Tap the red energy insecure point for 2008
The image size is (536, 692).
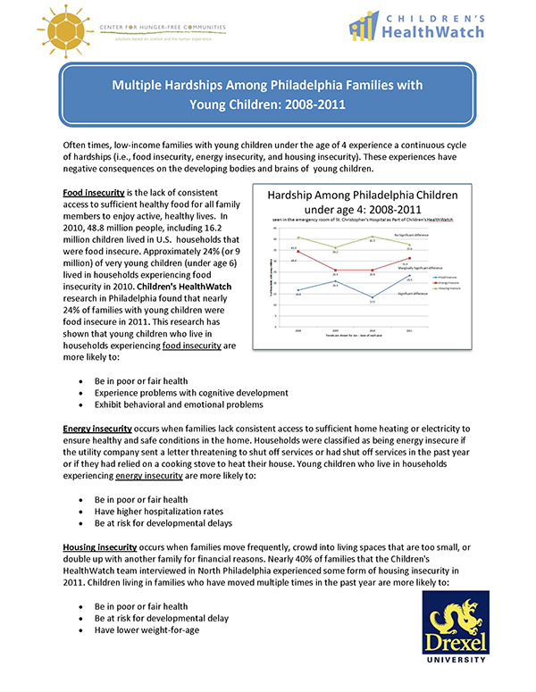(x=297, y=251)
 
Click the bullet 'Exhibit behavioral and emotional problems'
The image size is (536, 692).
(x=167, y=404)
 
